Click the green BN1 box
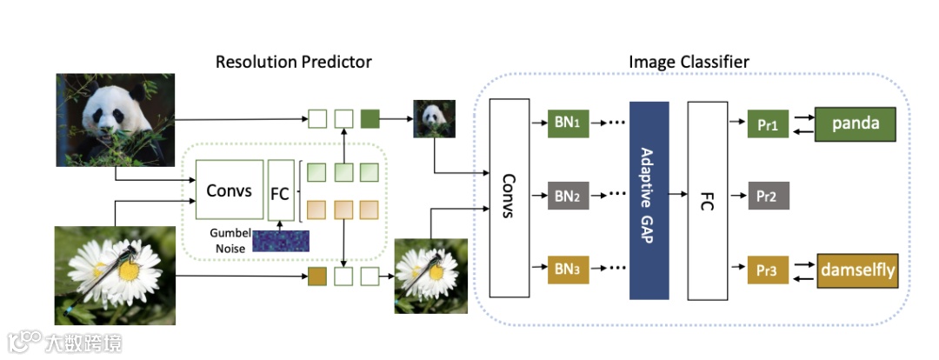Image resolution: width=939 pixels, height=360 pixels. pos(567,123)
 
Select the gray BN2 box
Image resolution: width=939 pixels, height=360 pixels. pos(567,197)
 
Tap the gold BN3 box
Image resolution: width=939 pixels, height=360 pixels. pos(567,269)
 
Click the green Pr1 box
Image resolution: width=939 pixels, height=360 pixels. pos(767,124)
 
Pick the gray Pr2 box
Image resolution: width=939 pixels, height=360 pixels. pos(767,197)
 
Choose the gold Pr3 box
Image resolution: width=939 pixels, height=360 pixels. pos(767,271)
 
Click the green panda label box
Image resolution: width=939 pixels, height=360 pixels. pos(856,123)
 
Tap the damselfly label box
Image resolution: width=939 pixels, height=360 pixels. pos(856,271)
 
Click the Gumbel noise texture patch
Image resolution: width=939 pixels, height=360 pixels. pos(281,239)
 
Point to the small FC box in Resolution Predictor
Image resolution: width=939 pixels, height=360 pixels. pos(279,191)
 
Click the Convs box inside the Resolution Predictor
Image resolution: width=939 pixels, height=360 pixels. pos(230,190)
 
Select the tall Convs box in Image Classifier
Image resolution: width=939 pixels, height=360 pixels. pos(509,197)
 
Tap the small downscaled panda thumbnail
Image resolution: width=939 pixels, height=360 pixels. pos(434,119)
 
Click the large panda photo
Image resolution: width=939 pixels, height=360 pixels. pos(116,120)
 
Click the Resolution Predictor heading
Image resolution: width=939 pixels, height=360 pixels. pos(294,62)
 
